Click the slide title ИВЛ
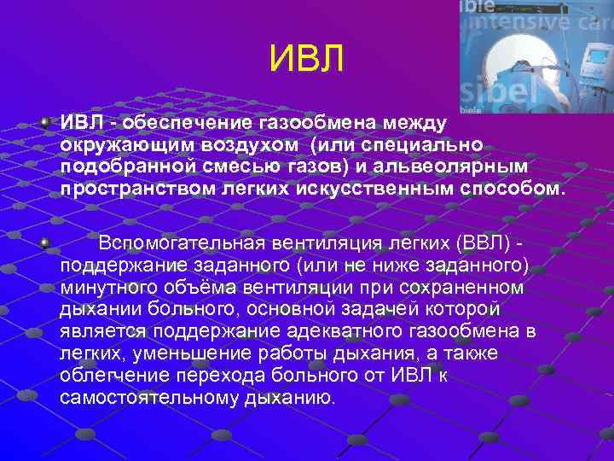(306, 59)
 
